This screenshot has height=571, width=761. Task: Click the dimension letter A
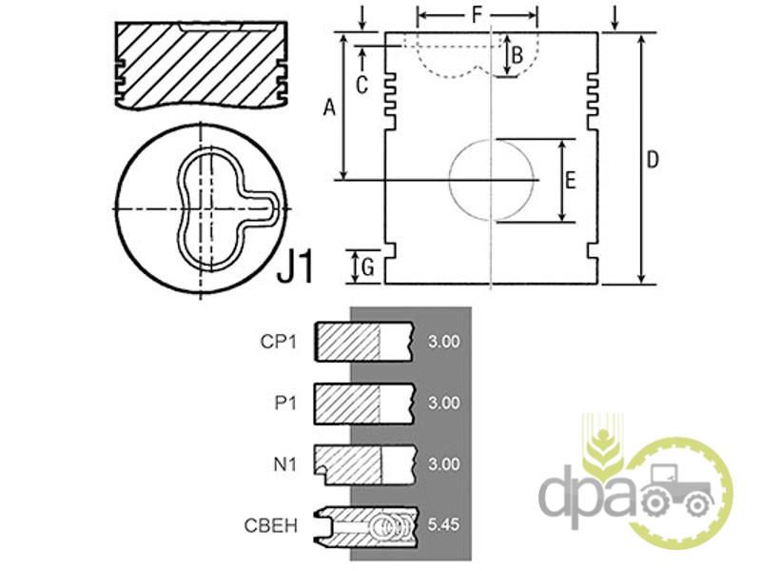point(329,108)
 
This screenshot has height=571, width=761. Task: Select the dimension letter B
point(517,55)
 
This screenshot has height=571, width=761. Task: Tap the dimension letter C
point(362,86)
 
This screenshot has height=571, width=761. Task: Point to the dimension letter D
point(654,159)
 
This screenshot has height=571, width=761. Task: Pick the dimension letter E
point(571,180)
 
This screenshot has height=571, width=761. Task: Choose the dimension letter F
point(478,15)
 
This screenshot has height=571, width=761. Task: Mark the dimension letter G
point(368,267)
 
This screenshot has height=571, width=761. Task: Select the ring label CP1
point(278,342)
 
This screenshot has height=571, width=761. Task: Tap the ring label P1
point(285,403)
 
